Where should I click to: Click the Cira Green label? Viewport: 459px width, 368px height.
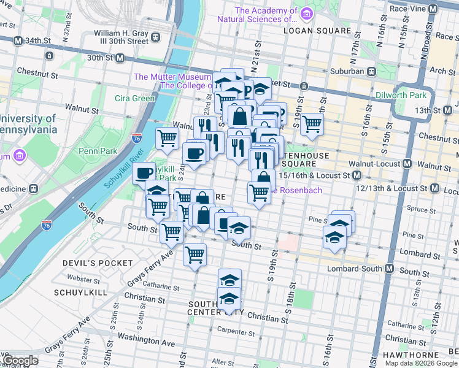(135, 98)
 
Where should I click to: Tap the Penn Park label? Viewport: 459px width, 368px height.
(93, 150)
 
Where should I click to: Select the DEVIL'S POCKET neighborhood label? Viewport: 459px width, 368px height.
(98, 263)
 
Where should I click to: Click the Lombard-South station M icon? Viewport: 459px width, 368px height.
(390, 269)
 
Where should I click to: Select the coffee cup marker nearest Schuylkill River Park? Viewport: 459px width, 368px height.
(145, 174)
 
